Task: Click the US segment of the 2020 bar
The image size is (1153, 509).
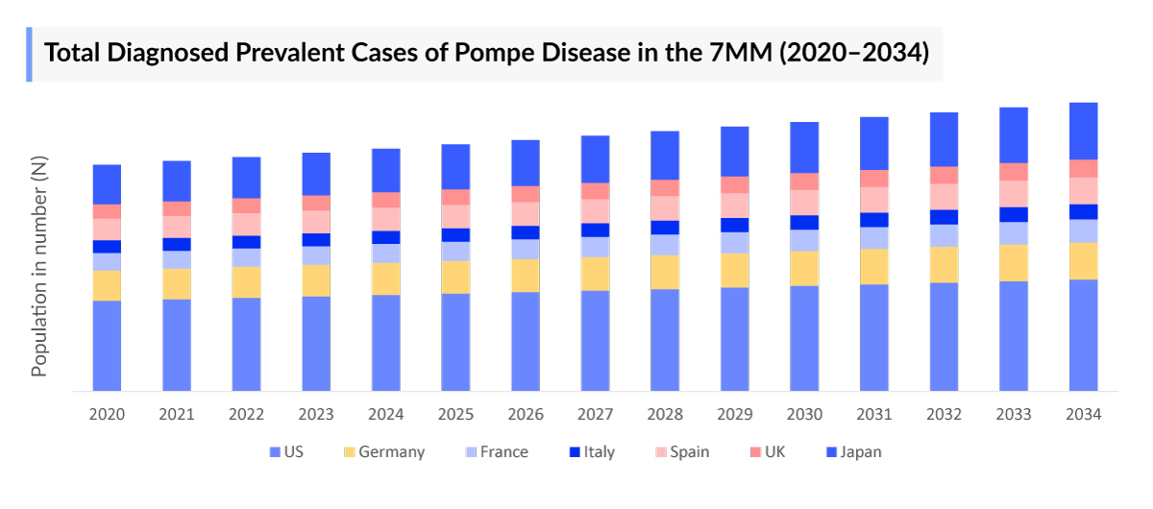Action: point(107,346)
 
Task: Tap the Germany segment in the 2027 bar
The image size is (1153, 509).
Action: point(595,274)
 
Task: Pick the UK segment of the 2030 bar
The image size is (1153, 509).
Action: point(804,182)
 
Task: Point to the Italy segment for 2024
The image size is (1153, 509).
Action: point(385,237)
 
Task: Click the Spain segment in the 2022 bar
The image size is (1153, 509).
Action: point(246,224)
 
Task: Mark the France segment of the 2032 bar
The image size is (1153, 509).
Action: point(944,235)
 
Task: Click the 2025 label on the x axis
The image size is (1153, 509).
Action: point(455,415)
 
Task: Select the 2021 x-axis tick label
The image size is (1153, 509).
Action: point(176,415)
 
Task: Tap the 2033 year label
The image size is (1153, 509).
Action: point(1014,415)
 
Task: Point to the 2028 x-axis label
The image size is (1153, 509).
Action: point(665,415)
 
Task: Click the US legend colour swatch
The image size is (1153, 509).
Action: point(275,452)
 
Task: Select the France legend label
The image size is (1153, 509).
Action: point(503,452)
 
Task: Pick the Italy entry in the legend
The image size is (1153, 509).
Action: point(599,452)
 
